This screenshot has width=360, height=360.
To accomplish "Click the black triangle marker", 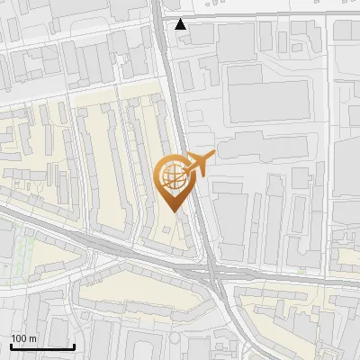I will (182, 24).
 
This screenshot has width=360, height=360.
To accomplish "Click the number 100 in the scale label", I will (19, 338).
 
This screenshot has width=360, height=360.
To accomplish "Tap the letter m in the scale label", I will (32, 338).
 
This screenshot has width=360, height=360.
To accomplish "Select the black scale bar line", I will (42, 346).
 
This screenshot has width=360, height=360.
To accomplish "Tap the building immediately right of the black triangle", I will (202, 33).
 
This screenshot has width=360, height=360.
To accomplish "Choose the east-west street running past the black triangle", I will (270, 15).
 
